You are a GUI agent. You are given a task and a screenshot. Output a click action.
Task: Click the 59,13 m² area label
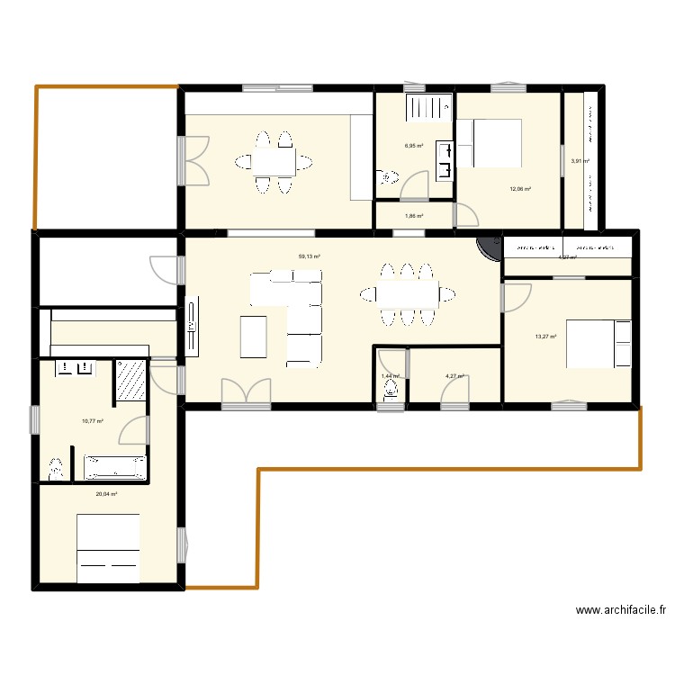coord(310,256)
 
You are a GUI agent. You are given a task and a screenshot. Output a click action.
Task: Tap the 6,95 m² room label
coord(414,146)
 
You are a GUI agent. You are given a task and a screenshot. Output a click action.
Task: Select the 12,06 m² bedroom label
coord(520,189)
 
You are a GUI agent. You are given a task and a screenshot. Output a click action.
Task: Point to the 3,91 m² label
coord(580,162)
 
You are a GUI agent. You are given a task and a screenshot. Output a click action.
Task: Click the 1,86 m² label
coord(414,216)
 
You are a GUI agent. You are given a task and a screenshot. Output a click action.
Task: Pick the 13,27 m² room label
coord(545,337)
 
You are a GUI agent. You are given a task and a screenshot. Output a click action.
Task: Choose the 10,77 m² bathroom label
coord(93,420)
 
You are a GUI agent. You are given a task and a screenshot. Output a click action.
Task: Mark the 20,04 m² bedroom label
coord(107,494)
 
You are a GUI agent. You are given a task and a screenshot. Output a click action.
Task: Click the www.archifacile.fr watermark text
coord(621,610)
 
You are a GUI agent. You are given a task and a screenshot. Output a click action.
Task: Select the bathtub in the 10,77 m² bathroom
coord(115,467)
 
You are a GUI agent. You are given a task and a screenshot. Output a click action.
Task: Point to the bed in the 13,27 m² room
coord(598,344)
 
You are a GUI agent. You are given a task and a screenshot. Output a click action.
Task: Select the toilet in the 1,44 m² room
coord(390,389)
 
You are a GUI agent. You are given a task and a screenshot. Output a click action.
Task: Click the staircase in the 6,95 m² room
coord(428,109)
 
